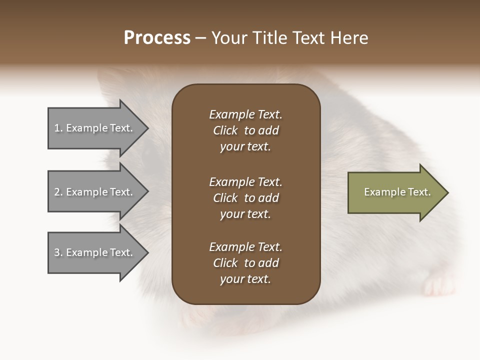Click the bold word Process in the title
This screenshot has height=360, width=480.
click(x=157, y=38)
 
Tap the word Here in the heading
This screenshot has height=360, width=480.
click(x=349, y=38)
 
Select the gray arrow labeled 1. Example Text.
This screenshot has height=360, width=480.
click(x=95, y=128)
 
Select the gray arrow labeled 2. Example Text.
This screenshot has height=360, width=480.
click(x=95, y=192)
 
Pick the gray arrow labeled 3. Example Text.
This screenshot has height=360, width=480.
click(x=95, y=252)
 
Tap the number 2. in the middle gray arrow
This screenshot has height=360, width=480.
click(x=58, y=192)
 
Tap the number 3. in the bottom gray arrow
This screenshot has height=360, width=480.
click(x=58, y=252)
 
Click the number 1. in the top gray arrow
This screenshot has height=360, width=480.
click(x=58, y=128)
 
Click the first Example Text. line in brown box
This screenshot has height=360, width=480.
click(x=245, y=114)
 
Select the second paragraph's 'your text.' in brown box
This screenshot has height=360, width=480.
click(x=245, y=214)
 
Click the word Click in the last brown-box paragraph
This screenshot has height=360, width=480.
click(x=225, y=263)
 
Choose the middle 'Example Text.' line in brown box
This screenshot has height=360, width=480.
click(x=245, y=181)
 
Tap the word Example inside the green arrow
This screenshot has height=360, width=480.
click(x=380, y=192)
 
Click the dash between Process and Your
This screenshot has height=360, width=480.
click(x=200, y=38)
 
